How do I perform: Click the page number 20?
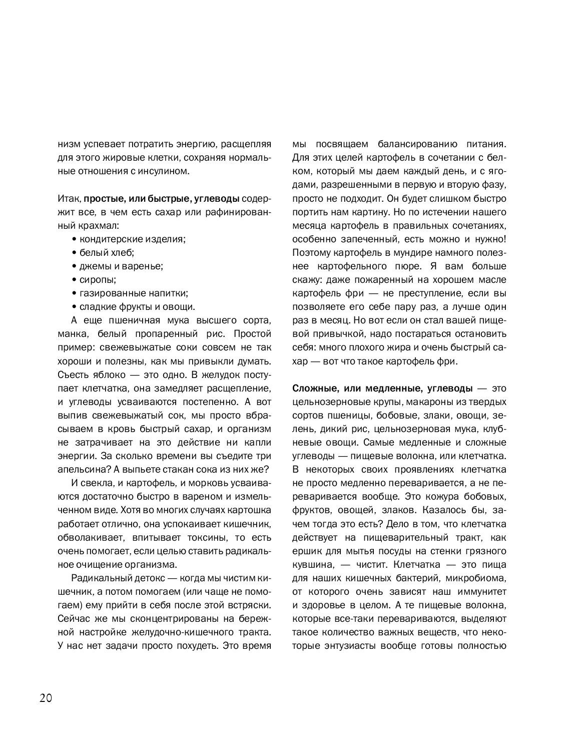(46, 698)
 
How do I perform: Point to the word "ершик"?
(306, 551)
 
